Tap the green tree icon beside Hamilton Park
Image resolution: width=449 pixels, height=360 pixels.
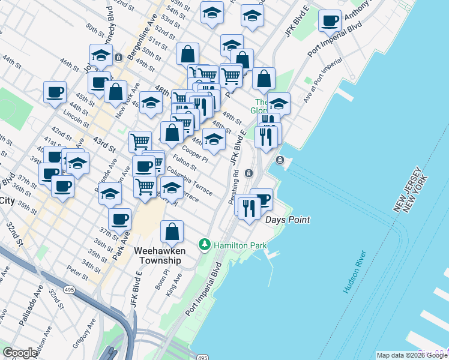point(205,245)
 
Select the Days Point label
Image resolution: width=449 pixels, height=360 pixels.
point(288,220)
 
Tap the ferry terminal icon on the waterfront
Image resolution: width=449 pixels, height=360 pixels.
point(280,160)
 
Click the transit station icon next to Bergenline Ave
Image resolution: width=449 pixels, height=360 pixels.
point(119,57)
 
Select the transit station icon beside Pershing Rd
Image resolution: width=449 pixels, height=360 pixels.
point(249,173)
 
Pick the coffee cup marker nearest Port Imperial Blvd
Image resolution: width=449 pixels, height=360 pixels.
point(329,22)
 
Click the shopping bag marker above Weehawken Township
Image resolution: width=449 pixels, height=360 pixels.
point(172,232)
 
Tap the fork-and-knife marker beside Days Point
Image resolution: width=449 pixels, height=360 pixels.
point(247,208)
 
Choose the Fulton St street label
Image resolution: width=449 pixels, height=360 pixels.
point(184,163)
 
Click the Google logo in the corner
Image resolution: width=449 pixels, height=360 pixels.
point(20,353)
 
